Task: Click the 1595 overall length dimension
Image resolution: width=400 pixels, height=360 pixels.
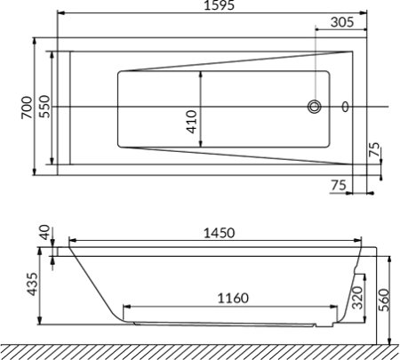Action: click(x=213, y=8)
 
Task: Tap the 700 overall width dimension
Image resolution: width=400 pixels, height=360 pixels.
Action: click(x=28, y=107)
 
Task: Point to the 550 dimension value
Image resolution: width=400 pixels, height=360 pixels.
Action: click(x=44, y=108)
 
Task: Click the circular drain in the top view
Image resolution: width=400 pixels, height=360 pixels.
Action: click(x=315, y=108)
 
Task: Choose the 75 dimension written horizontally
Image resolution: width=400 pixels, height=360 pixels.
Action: click(x=337, y=185)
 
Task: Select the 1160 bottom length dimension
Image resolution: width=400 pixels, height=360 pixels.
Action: click(x=230, y=298)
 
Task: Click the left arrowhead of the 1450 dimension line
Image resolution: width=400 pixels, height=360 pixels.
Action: click(x=72, y=241)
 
